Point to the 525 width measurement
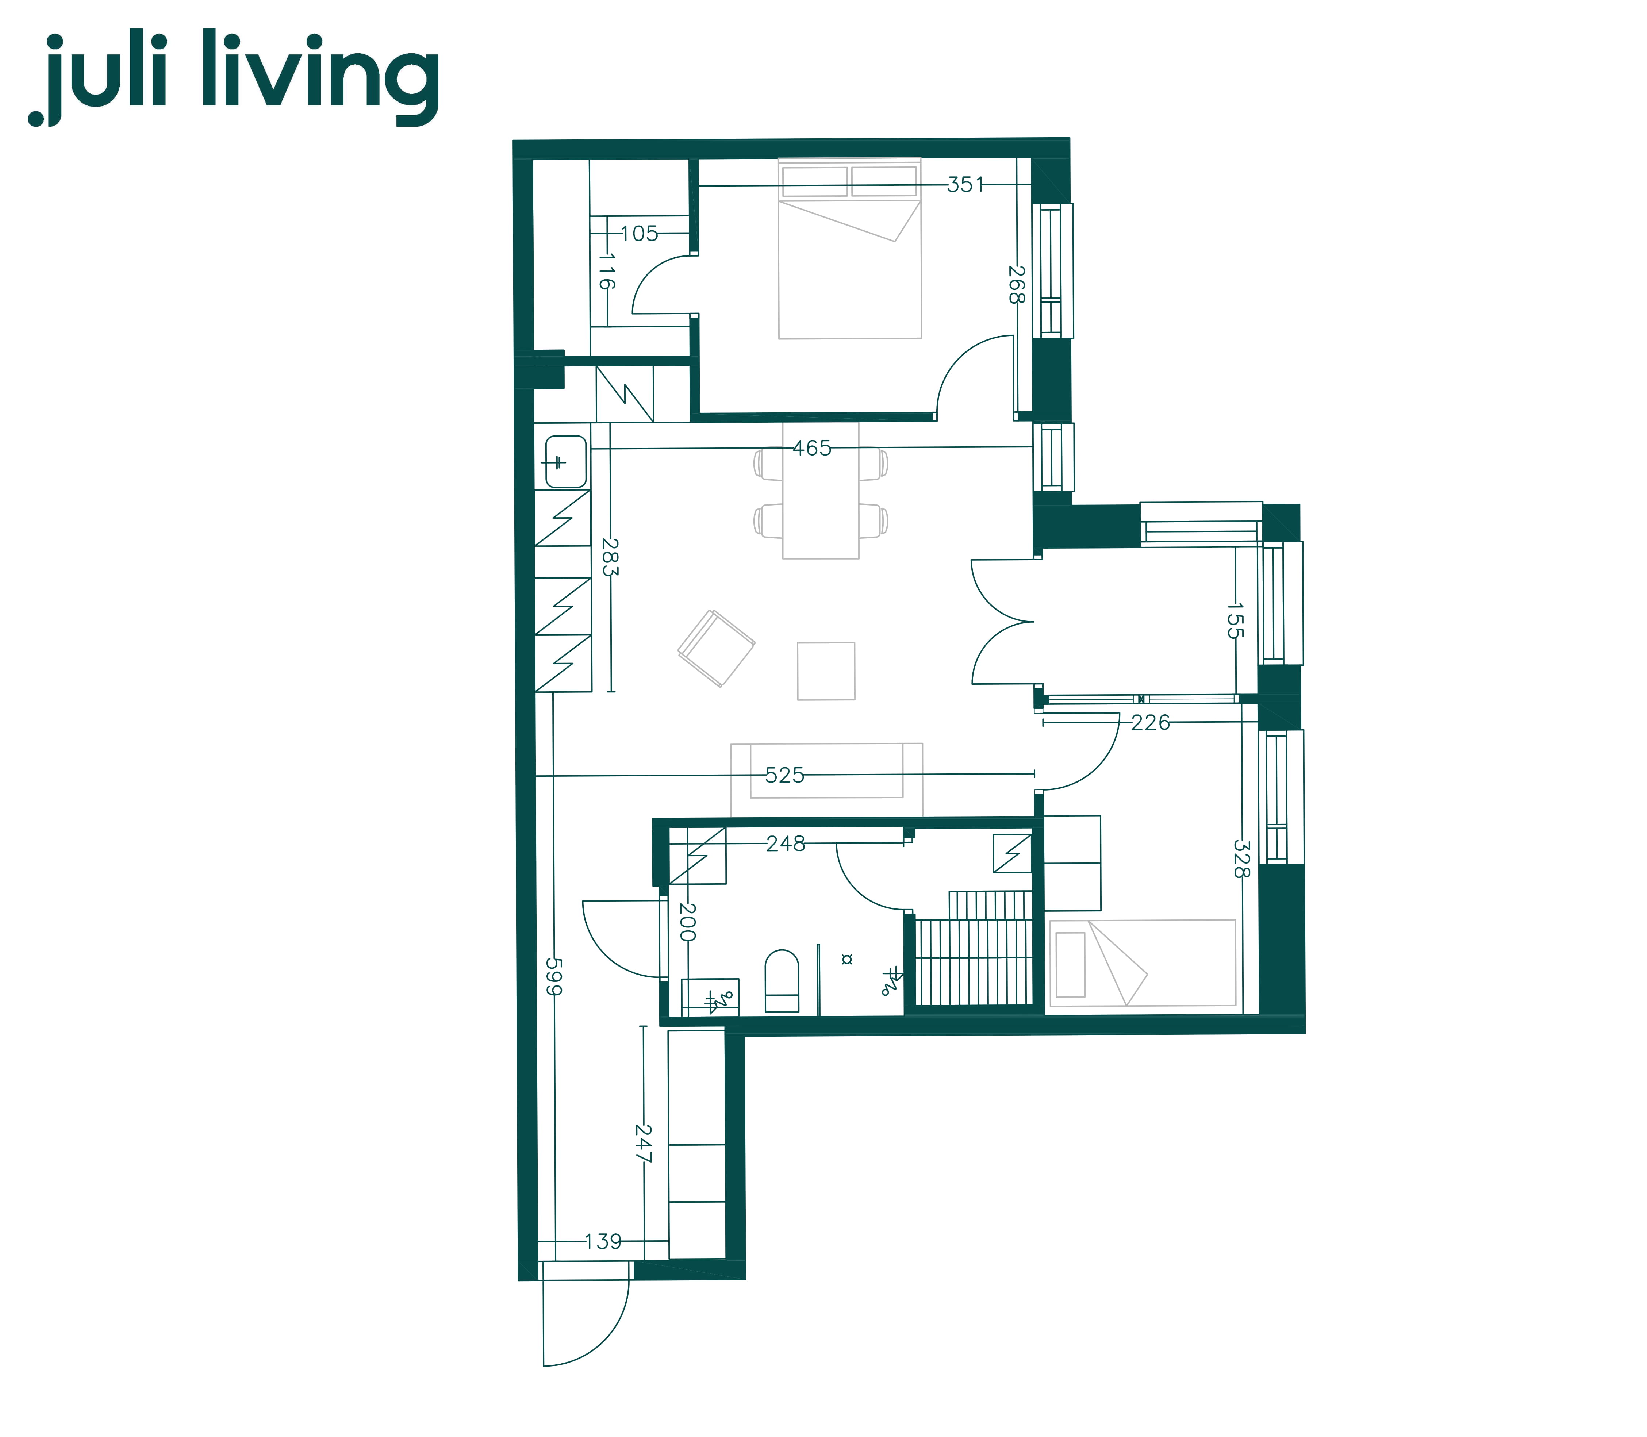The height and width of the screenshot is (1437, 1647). click(x=784, y=775)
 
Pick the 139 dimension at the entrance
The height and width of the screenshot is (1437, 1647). click(x=603, y=1241)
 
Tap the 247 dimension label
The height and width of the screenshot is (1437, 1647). click(x=643, y=1144)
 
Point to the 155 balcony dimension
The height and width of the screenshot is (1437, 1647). click(x=1235, y=620)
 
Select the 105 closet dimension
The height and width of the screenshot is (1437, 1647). click(x=639, y=233)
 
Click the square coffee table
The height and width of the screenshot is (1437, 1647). click(x=826, y=671)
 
